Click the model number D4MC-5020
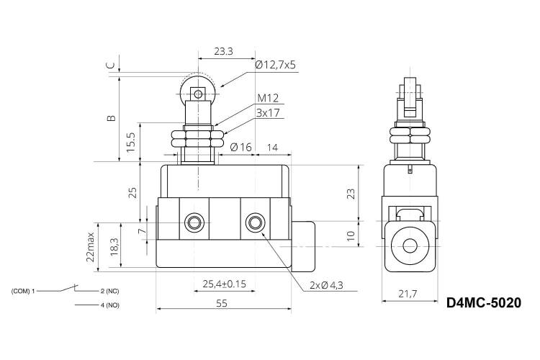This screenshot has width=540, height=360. [484, 303]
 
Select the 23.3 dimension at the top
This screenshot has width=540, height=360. [223, 51]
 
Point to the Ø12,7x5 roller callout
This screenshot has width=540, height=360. [276, 65]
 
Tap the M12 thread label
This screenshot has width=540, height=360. [268, 99]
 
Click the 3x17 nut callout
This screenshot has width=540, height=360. [268, 113]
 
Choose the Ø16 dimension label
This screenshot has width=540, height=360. [240, 148]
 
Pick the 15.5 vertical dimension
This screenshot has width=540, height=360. [131, 142]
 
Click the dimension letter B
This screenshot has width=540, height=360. [111, 118]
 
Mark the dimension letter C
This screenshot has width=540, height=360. [111, 65]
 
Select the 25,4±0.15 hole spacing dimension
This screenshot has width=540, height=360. [224, 284]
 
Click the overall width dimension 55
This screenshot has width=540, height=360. [222, 304]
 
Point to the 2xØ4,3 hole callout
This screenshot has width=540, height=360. [326, 285]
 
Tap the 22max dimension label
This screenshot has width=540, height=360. [90, 247]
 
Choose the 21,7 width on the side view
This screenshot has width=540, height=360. [408, 294]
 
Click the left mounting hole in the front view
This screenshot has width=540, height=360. [194, 222]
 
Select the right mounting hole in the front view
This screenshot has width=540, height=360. [255, 222]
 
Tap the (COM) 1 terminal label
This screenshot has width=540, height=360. [23, 291]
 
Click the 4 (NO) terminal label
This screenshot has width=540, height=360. [110, 305]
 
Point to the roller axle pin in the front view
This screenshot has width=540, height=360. [198, 94]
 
